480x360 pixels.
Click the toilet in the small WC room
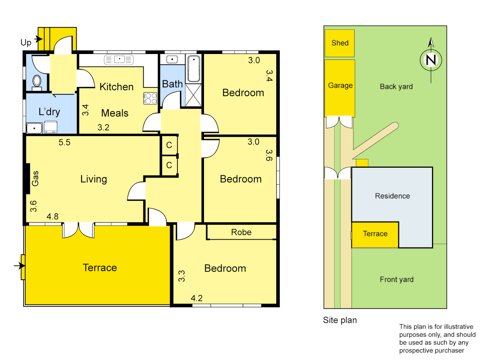37,81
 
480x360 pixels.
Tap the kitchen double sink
119,60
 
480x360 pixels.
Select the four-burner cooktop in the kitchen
150,98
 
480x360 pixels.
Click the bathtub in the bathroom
194,69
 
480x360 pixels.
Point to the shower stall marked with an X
193,95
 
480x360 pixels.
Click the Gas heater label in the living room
35,178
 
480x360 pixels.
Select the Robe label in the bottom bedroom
241,232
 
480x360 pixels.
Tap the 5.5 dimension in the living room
64,143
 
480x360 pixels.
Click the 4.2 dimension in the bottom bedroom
197,298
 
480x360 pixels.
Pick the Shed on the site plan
340,43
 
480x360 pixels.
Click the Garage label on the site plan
340,86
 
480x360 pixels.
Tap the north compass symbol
431,60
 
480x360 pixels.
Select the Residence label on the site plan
392,196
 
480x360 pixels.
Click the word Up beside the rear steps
26,43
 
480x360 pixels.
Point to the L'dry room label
49,112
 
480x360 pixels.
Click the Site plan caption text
340,320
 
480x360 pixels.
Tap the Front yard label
397,280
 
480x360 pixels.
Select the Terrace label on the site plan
375,234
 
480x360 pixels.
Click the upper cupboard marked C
169,145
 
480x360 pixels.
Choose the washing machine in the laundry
51,127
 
